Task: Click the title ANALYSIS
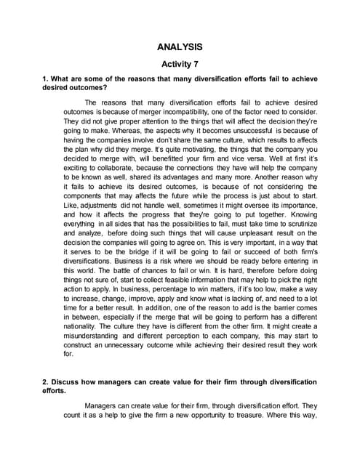[180, 47]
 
